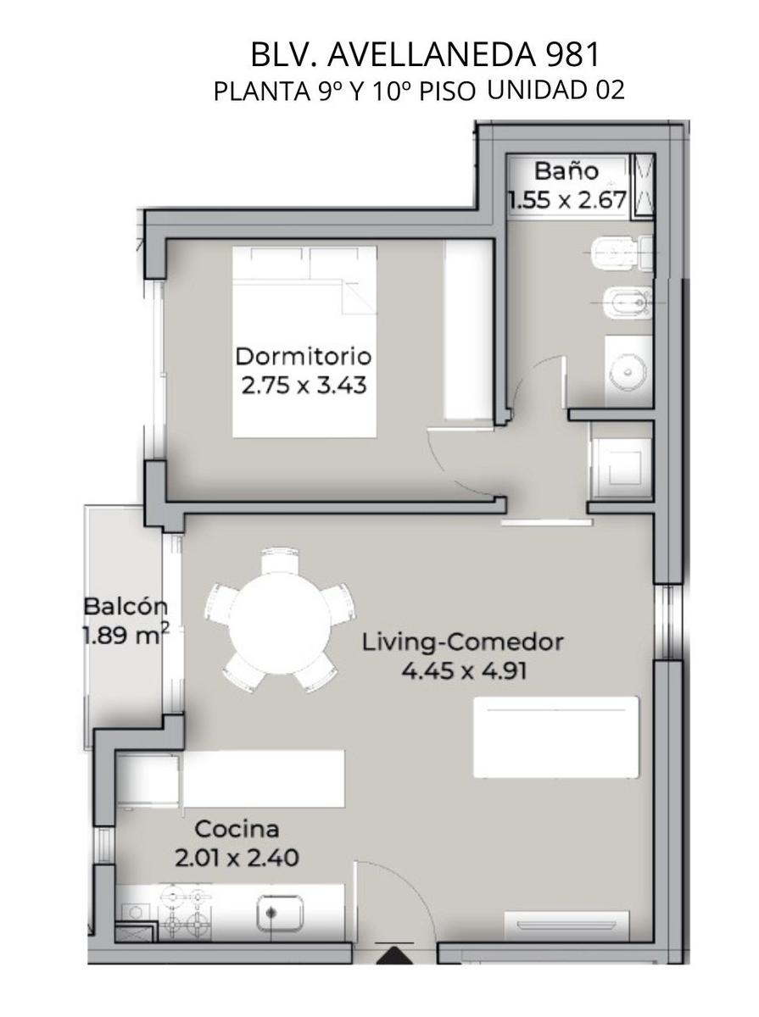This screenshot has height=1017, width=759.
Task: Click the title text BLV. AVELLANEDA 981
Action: [x=425, y=55]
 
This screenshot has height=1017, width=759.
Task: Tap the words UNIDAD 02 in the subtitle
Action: [x=556, y=90]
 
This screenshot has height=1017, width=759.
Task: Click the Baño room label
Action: [x=566, y=171]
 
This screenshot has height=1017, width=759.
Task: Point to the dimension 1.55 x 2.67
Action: [x=568, y=200]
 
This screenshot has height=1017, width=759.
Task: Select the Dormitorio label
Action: [x=304, y=356]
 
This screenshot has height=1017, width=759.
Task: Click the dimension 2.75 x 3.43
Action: [x=304, y=385]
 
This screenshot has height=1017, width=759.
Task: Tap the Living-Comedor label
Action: [x=462, y=643]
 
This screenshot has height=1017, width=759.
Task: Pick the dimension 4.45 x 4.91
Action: [x=464, y=670]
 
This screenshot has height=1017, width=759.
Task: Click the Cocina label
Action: [x=237, y=830]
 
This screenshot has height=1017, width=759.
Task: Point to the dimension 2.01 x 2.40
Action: [x=237, y=858]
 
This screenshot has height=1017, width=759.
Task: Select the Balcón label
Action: [x=126, y=607]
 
